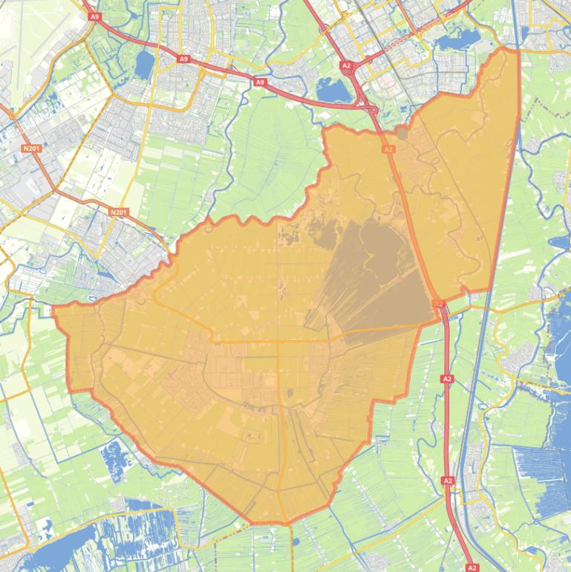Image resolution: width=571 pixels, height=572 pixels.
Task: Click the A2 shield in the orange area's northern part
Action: tap(388, 149)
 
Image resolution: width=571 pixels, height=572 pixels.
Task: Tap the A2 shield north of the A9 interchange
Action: tap(346, 65)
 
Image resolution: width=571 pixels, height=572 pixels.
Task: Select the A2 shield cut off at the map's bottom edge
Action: tap(472, 568)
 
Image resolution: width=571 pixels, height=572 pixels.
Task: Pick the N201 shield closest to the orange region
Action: tap(118, 212)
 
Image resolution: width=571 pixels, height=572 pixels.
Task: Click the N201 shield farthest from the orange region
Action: tap(31, 149)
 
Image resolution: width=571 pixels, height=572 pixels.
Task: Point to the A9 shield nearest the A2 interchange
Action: tap(259, 82)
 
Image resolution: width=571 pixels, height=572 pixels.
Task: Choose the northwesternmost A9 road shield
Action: tap(94, 16)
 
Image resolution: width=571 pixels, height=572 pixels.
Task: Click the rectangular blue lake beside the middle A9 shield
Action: tap(143, 66)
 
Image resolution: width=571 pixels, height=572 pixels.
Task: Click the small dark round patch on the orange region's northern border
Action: tap(402, 134)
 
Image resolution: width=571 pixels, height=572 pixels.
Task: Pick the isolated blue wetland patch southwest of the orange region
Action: tap(117, 454)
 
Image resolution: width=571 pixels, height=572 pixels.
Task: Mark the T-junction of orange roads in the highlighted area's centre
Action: tap(278, 342)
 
